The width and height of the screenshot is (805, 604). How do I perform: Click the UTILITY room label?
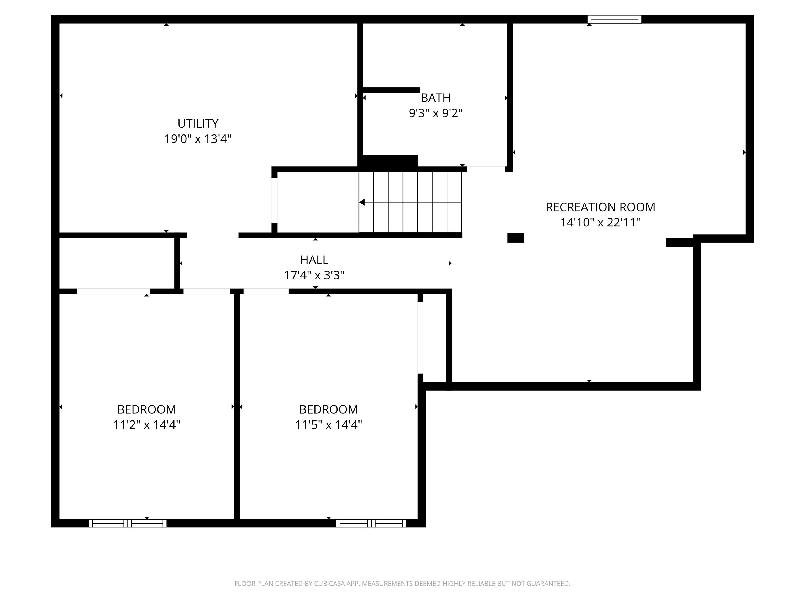click(x=198, y=124)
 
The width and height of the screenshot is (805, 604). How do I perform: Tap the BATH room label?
click(x=436, y=98)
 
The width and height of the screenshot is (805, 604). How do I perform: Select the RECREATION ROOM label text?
click(x=600, y=207)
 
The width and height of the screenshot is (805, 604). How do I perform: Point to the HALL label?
click(x=314, y=260)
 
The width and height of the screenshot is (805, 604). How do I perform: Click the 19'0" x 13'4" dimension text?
click(x=198, y=139)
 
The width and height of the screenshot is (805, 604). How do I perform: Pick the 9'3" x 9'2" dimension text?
click(x=436, y=113)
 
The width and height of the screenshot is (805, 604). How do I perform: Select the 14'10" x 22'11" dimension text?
click(x=600, y=223)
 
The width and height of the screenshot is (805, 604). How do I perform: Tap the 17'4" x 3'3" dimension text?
click(x=314, y=275)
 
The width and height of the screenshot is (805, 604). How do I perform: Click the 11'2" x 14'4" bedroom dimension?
click(x=147, y=425)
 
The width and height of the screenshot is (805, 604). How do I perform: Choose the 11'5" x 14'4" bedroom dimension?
click(x=329, y=425)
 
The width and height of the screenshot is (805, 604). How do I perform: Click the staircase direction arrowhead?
click(x=362, y=202)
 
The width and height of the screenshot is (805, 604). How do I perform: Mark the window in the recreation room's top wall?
click(x=614, y=19)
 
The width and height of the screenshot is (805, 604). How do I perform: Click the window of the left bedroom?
click(x=128, y=523)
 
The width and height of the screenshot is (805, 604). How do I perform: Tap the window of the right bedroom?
click(x=371, y=523)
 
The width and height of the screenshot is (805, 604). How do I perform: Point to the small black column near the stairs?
click(x=516, y=238)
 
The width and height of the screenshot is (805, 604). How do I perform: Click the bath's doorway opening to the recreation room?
click(x=486, y=169)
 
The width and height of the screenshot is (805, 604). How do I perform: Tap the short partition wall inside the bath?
click(x=391, y=90)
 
